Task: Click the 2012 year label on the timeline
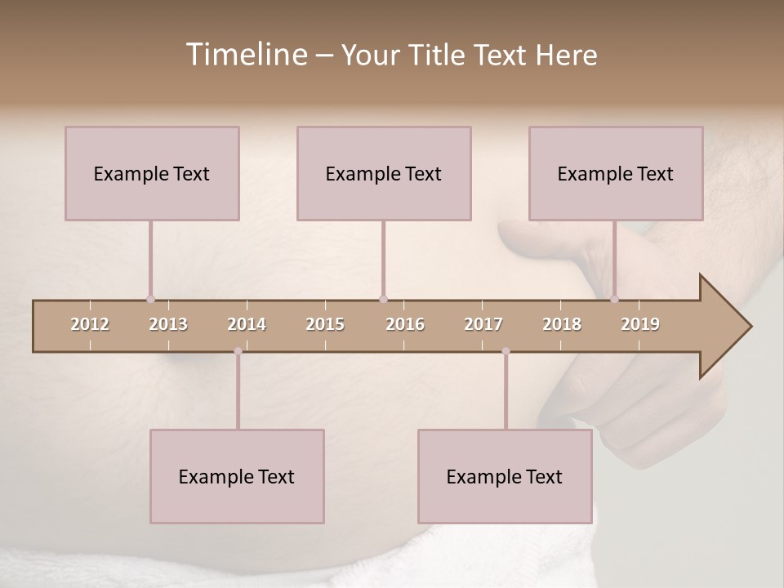click(x=90, y=324)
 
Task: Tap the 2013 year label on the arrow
click(x=168, y=324)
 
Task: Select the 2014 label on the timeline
click(x=247, y=324)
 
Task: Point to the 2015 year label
click(x=325, y=324)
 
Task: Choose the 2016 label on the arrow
click(x=405, y=324)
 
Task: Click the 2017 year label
click(x=483, y=324)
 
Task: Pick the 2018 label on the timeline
click(x=562, y=324)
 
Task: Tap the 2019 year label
click(x=640, y=324)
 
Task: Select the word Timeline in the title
click(x=246, y=55)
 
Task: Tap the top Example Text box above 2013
click(x=152, y=173)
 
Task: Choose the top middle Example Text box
click(x=384, y=173)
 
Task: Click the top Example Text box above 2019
click(x=616, y=173)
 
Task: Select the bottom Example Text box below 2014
click(x=237, y=476)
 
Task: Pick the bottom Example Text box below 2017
click(x=505, y=476)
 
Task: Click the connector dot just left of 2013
click(x=150, y=299)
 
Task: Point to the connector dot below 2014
click(x=238, y=351)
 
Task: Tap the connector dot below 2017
click(x=506, y=351)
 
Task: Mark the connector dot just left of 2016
click(x=383, y=299)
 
